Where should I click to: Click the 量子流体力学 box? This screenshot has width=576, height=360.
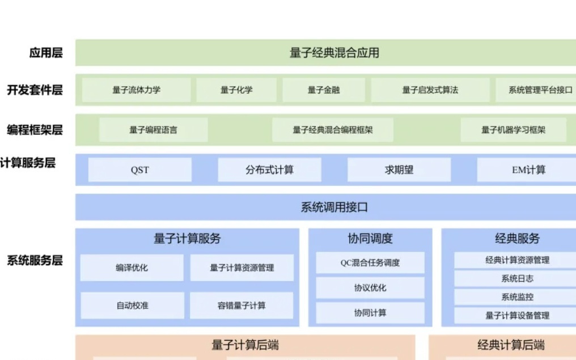[x=136, y=90]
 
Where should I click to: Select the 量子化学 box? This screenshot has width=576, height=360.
[x=236, y=90]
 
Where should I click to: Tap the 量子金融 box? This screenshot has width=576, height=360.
[x=324, y=90]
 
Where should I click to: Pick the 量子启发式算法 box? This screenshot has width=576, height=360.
[x=430, y=90]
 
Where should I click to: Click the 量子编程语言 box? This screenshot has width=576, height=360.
[x=153, y=130]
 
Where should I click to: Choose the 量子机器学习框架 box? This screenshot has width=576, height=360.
[x=513, y=130]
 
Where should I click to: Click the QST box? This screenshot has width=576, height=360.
[x=139, y=170]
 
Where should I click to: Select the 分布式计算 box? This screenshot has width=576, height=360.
[x=269, y=170]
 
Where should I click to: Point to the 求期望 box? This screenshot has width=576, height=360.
[x=399, y=170]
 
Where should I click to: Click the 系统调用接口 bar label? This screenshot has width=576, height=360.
[x=334, y=207]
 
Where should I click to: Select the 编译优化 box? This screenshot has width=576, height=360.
[x=132, y=268]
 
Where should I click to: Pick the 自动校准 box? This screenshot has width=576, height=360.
[x=132, y=306]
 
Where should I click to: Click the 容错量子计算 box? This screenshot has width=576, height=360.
[x=242, y=306]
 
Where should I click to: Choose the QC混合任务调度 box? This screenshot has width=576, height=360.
[x=370, y=262]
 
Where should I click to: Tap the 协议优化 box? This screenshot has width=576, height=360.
[x=370, y=288]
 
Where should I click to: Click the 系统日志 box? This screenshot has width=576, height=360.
[x=516, y=278]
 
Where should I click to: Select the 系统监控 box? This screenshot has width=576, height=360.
[x=516, y=297]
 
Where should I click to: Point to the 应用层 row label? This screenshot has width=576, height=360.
[x=46, y=53]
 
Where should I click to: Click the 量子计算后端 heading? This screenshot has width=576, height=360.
[x=245, y=345]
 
